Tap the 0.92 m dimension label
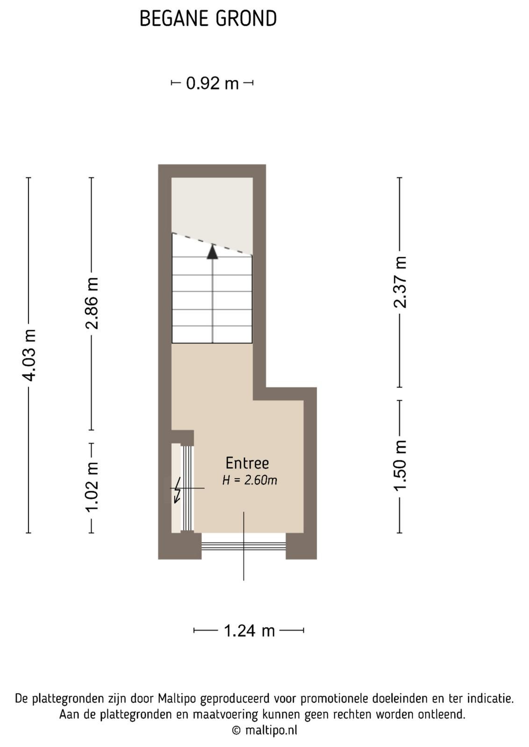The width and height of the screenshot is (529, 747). point(212,83)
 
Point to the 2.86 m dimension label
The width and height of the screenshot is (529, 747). point(92,303)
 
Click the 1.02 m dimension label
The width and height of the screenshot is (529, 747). point(92,487)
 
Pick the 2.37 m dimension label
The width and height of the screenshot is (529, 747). point(400,282)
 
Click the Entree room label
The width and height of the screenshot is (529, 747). point(247,463)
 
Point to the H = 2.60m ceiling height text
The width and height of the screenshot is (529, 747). point(250,480)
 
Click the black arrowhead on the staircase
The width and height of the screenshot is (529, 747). point(212,252)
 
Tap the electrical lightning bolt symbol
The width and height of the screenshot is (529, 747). point(178,490)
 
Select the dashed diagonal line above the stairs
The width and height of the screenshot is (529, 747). point(212,244)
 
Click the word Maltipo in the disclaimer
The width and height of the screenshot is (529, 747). point(177,698)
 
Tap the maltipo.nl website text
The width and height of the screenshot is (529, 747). point(271,730)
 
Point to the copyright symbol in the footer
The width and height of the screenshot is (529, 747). point(236,730)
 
